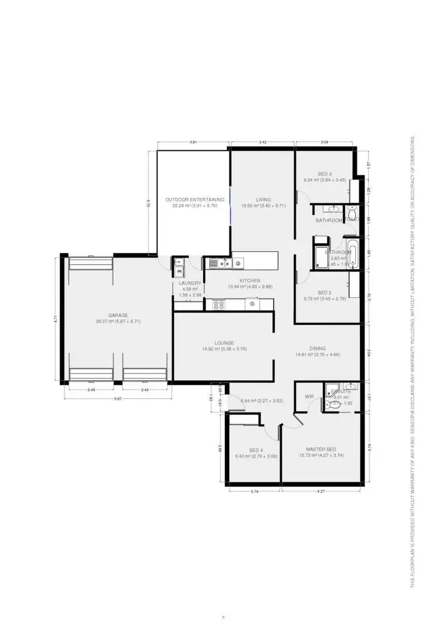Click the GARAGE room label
pos(118,315)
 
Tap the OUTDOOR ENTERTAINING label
pos(195,200)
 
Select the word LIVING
pos(263,200)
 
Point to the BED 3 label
pos(324,173)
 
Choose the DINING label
pos(318,349)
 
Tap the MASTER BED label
pos(321,449)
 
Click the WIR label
pos(309,396)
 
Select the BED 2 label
pos(324,293)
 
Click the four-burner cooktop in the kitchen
pos(218,305)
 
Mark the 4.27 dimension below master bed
pos(321,491)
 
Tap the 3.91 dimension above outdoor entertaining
pos(193,142)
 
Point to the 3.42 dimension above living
pos(263,142)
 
